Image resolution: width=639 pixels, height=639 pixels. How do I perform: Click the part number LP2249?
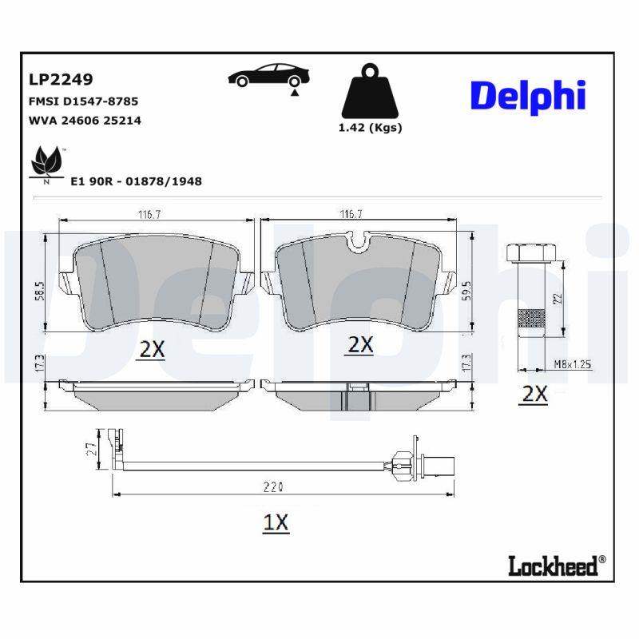61,80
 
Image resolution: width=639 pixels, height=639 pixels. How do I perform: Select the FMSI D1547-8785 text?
84,101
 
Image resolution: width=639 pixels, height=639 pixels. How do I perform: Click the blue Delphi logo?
528,97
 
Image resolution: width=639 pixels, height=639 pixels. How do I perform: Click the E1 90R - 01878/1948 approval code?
136,181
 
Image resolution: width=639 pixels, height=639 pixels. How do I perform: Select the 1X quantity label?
276,522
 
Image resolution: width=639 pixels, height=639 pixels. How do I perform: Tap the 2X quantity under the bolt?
534,393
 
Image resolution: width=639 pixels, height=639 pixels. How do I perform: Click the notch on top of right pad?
360,238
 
